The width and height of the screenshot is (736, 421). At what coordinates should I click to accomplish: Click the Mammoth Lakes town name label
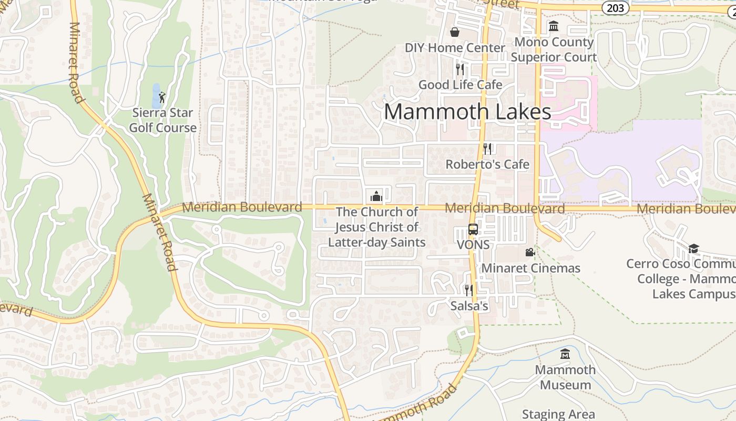467,112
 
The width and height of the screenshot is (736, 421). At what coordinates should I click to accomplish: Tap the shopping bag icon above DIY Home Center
455,32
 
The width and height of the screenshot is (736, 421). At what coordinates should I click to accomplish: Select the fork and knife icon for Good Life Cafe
460,69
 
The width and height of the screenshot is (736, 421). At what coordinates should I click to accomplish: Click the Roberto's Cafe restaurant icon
487,149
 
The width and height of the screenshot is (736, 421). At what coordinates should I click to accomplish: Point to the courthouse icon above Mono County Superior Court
554,26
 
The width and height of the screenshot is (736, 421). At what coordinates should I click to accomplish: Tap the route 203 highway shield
615,7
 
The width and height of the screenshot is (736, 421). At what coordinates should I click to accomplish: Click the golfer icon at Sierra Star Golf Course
162,97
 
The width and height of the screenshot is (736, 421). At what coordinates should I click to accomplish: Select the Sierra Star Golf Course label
163,120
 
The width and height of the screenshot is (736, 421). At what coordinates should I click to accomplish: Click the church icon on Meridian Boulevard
376,196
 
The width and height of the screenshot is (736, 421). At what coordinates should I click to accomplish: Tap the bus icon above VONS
473,229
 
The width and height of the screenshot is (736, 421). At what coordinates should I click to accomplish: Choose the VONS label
473,245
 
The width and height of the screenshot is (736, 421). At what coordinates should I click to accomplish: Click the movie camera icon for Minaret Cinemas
530,253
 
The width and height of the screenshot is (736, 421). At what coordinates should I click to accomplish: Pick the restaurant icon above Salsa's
468,290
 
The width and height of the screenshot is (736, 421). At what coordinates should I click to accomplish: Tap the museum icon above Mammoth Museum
565,354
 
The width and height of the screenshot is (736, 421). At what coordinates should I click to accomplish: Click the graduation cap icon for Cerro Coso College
693,248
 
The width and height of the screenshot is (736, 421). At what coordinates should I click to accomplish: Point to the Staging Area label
558,414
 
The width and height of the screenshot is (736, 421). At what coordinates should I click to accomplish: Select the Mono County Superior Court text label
554,49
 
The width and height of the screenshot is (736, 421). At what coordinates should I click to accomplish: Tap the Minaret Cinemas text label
531,268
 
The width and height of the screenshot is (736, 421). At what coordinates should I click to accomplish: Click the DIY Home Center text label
455,48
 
